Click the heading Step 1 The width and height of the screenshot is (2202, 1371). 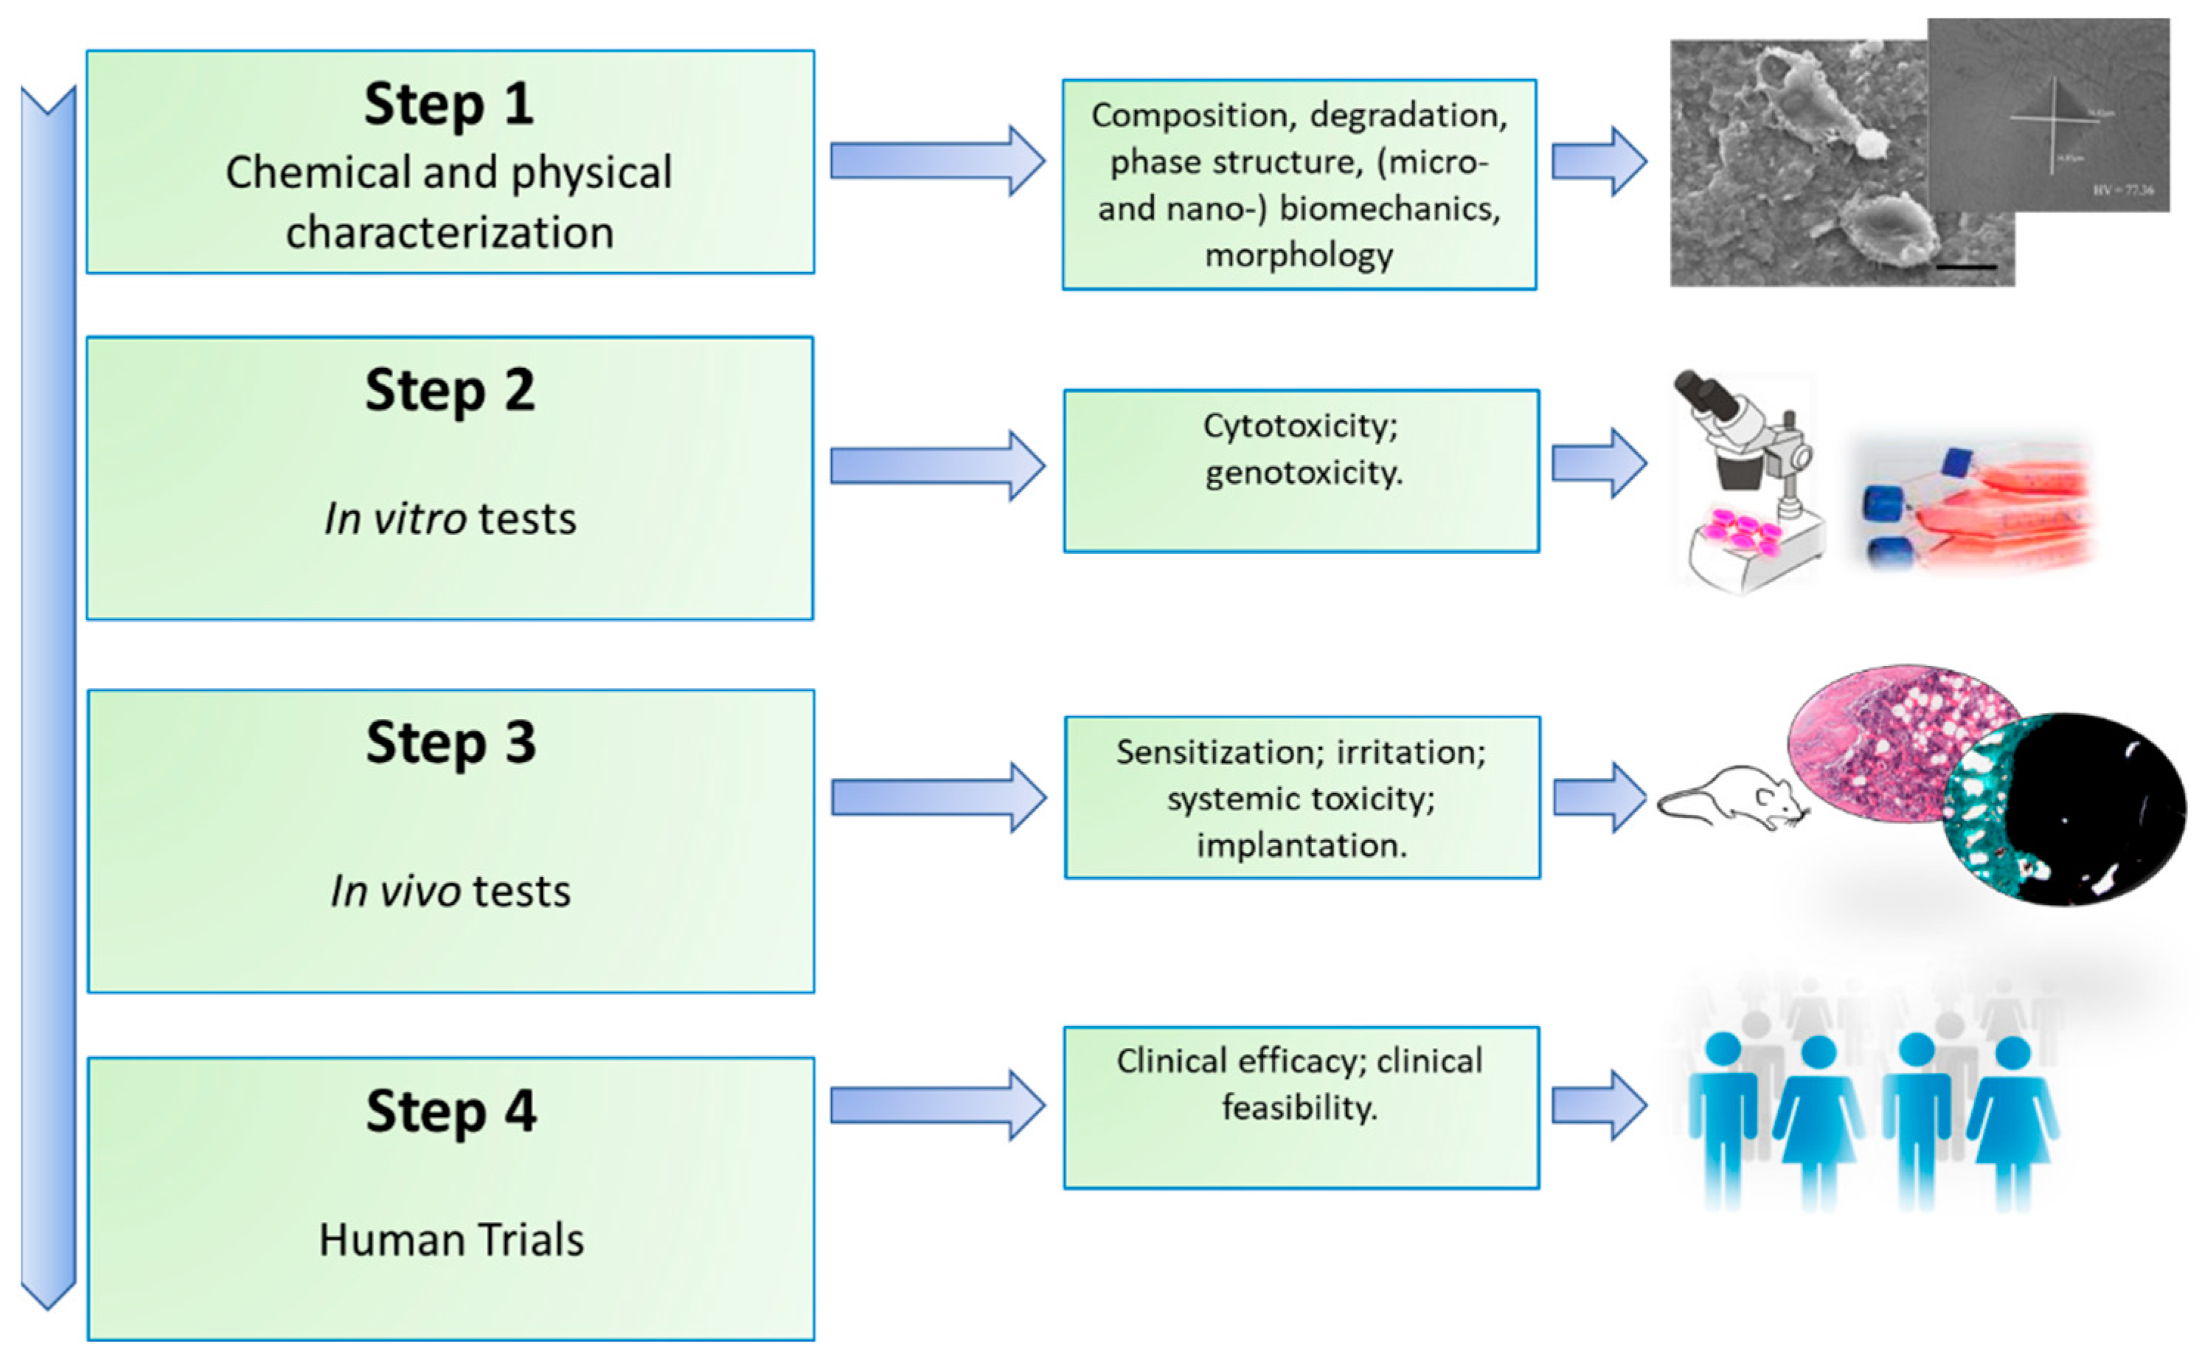449,104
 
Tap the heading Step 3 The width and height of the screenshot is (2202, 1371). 451,743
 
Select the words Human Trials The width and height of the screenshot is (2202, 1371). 451,1240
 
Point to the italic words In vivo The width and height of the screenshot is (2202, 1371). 395,892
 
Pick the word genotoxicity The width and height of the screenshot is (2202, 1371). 1303,473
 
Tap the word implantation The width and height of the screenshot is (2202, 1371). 1301,846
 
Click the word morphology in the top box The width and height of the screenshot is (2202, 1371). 1298,256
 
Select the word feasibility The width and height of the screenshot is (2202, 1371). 1299,1108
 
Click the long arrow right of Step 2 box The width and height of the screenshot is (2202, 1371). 937,466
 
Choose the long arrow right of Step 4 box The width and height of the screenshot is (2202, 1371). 937,1106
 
